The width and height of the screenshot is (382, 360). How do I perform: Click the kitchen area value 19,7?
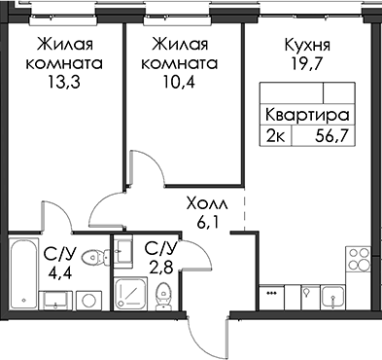[x=307, y=64]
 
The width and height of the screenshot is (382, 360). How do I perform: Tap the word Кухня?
[x=307, y=46]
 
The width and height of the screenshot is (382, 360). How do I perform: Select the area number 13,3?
[x=64, y=83]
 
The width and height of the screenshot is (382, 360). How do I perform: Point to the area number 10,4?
[x=179, y=83]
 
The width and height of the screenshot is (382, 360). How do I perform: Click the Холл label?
[x=207, y=204]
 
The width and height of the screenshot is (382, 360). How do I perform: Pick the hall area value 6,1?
[x=207, y=223]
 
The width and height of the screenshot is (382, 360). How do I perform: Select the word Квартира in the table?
[x=307, y=116]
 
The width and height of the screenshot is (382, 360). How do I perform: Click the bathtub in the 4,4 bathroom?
[x=23, y=274]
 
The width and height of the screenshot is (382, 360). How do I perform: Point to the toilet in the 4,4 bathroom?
[x=95, y=258]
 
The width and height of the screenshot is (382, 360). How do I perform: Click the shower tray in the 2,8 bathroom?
[x=131, y=294]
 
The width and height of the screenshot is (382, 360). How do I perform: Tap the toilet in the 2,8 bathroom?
[x=162, y=296]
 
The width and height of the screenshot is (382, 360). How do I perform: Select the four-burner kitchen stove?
[x=359, y=259]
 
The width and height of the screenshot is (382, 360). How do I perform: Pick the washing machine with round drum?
[x=88, y=300]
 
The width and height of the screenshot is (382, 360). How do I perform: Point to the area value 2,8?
[x=161, y=268]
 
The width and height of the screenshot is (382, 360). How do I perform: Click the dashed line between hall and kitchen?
[x=244, y=212]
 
